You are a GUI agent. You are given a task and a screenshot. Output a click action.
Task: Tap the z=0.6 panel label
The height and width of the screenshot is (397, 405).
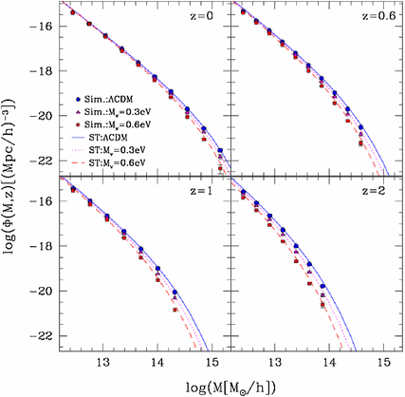366,19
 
